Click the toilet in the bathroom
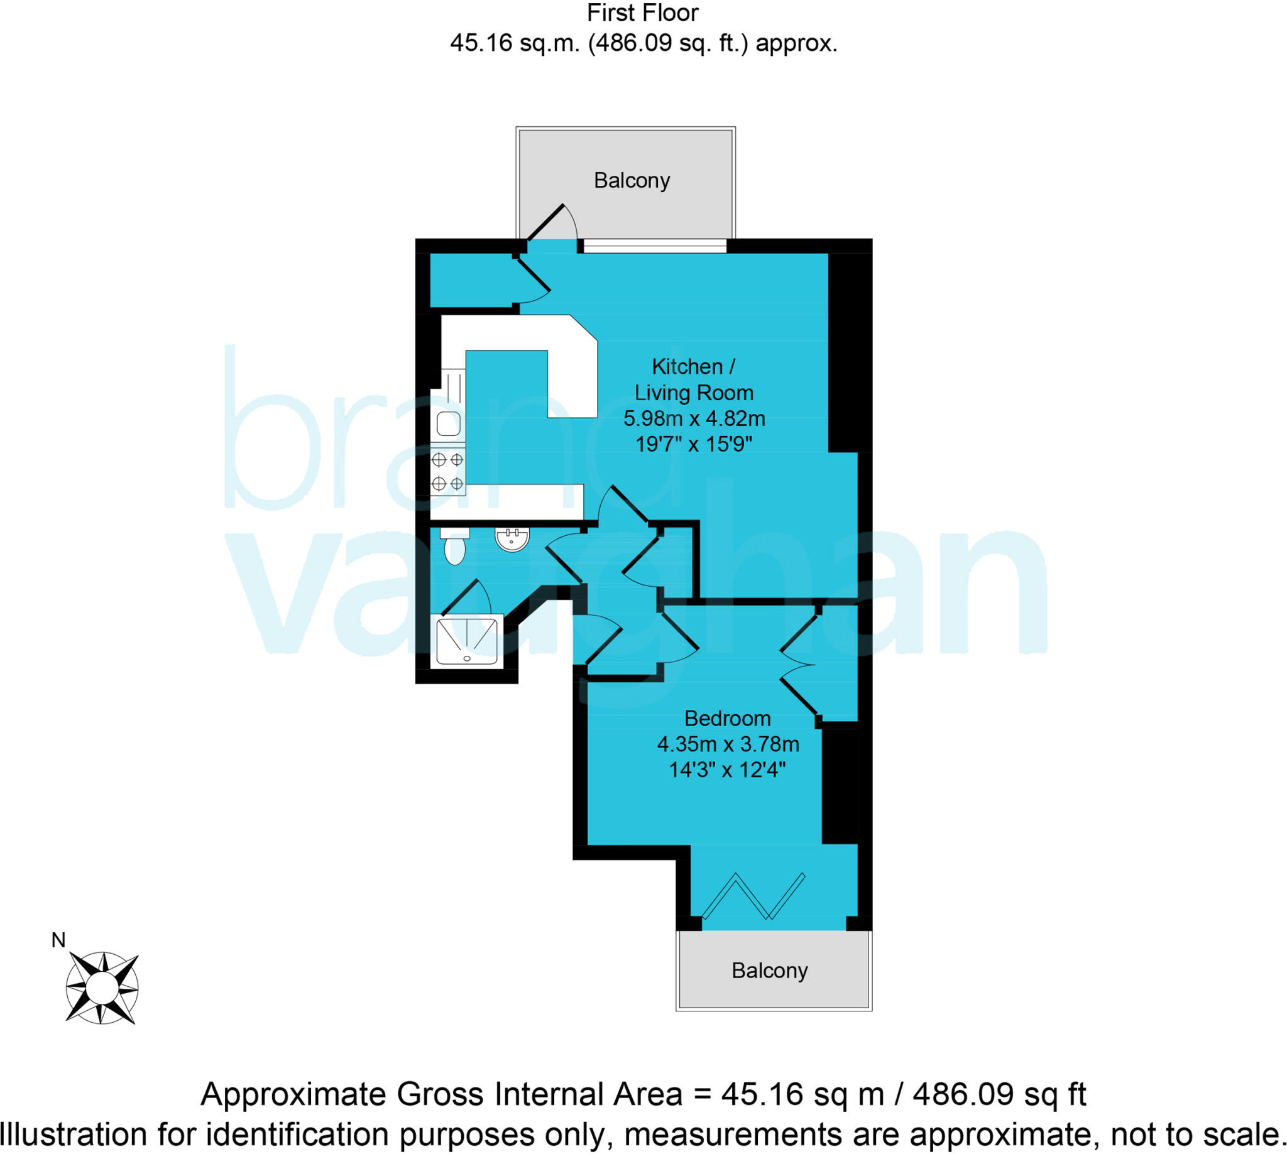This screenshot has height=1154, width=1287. point(454,547)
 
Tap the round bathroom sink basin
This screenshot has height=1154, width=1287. point(512,540)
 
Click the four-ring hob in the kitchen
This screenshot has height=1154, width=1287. point(447,471)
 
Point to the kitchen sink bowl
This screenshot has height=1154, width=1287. point(448,423)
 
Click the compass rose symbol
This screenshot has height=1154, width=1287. point(101,988)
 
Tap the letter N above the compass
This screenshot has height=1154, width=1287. point(58,940)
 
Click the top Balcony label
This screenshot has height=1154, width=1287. point(631,181)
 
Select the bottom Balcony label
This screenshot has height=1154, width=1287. point(769,970)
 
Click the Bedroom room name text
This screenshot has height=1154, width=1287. point(727,719)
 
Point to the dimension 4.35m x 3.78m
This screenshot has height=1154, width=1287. point(728,744)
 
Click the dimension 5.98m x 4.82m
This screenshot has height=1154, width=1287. point(694,418)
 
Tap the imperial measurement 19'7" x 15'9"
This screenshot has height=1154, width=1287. point(693,444)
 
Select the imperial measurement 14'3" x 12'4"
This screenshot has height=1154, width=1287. point(727,770)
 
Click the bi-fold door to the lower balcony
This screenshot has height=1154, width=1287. point(753,896)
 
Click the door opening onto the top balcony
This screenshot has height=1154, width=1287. point(550,225)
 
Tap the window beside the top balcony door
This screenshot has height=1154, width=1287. point(654,246)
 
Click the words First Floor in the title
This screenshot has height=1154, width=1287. point(642,13)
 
